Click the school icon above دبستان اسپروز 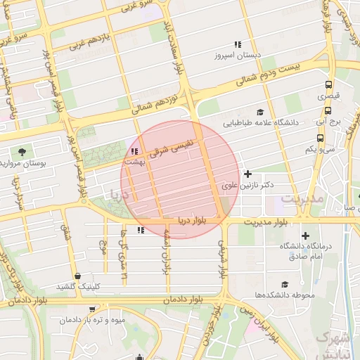coord(237,44)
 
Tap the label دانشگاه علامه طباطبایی coord(261,122)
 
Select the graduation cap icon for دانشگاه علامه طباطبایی coord(260,112)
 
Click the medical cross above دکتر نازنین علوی coord(247,174)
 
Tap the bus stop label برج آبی coord(328,122)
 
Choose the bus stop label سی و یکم coord(320,149)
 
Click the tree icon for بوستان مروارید coord(22,151)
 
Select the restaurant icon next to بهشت coord(134,151)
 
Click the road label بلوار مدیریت coord(266,222)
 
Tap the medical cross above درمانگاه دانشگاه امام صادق coord(304,236)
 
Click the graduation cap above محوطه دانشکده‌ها coord(284,284)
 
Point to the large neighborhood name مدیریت coord(302,199)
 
